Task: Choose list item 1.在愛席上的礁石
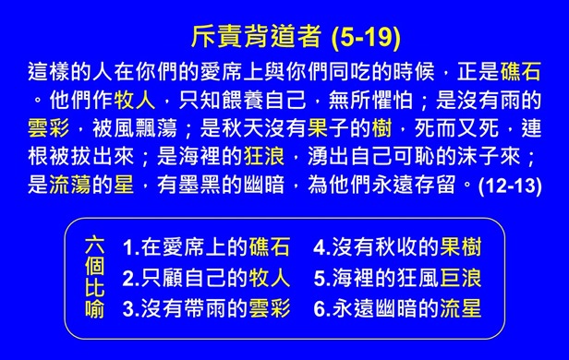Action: coord(206,247)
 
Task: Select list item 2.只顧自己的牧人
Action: coord(206,277)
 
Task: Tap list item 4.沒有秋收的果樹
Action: coord(397,247)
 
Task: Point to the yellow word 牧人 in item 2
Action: coord(270,277)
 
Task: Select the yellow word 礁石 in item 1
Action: coord(270,247)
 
